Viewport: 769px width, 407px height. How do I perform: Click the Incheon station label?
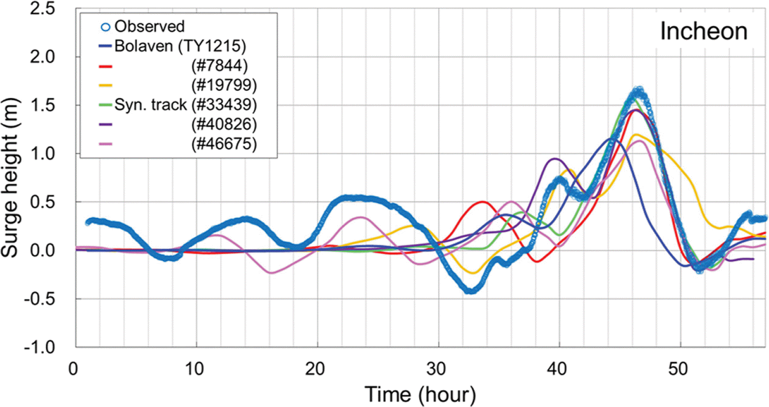click(703, 32)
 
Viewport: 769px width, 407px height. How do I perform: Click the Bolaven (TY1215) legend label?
click(180, 46)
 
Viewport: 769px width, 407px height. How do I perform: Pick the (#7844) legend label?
click(219, 66)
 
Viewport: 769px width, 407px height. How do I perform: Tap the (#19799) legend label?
click(223, 85)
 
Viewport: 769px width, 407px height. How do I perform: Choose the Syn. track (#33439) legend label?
click(186, 105)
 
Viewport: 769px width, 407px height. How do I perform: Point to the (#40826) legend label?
click(223, 124)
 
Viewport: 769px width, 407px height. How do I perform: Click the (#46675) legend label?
click(223, 144)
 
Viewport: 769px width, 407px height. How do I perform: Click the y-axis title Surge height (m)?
click(10, 177)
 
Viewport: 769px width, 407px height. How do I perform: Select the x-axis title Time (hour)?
click(420, 394)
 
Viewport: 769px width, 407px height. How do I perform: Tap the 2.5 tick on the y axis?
click(43, 9)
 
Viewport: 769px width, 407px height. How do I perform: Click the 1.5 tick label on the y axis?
click(43, 105)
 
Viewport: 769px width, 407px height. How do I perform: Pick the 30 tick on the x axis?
click(436, 369)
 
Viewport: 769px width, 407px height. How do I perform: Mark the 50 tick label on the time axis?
click(678, 369)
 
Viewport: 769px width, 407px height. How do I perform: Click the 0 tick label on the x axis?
click(73, 369)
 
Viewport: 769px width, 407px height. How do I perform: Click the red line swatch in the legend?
click(105, 66)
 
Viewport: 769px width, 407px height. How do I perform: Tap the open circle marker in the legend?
click(105, 27)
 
